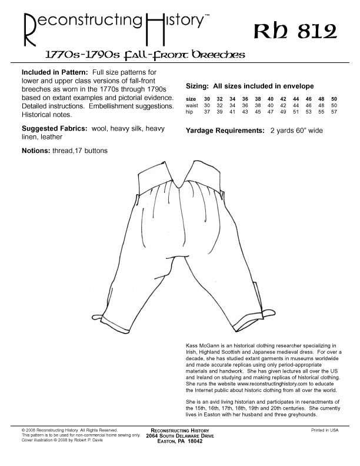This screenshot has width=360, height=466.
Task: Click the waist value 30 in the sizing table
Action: pos(207,105)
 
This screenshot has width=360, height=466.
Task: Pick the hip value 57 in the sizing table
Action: pos(334,112)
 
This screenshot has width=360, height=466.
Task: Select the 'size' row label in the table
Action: pos(191,99)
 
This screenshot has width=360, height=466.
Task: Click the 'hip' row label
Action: pos(189,112)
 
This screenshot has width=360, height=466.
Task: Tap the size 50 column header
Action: pos(334,99)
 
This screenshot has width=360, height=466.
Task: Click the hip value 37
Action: pos(207,112)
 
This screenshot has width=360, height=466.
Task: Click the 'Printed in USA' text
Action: pos(325,430)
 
